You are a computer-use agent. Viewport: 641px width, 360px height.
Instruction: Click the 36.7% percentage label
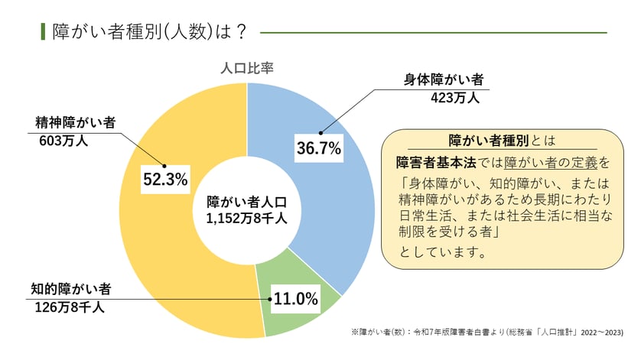[318, 148]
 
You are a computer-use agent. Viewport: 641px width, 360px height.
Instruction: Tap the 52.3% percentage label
[165, 179]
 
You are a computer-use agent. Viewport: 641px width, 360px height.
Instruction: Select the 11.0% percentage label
[295, 299]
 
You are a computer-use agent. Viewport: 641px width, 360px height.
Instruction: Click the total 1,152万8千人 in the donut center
[246, 218]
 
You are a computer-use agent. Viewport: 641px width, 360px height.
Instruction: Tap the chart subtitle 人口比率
[246, 67]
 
